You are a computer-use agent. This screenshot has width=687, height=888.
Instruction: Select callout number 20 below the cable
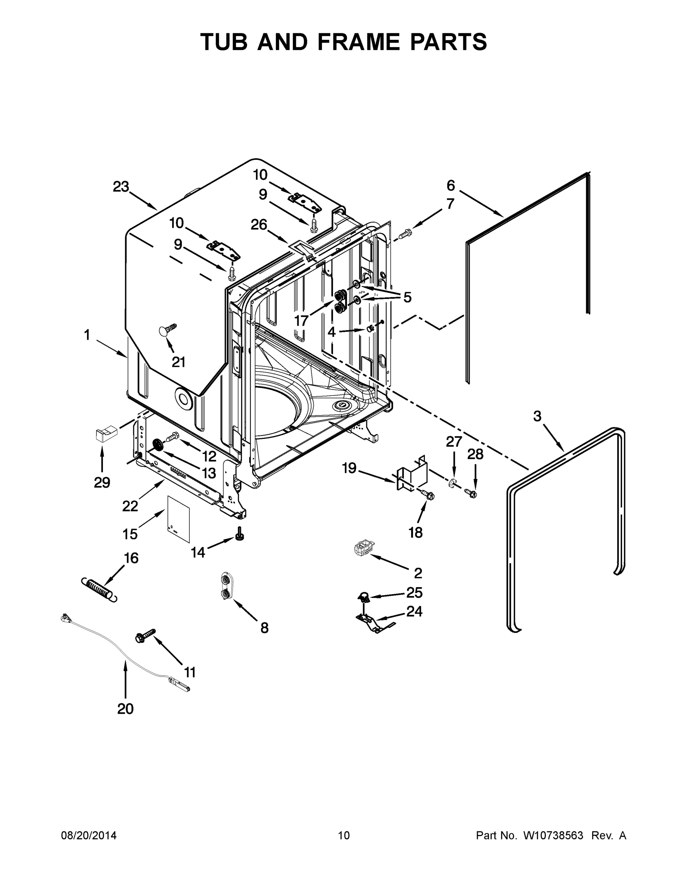pyautogui.click(x=125, y=709)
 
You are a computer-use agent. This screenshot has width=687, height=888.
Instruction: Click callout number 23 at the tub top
pyautogui.click(x=121, y=187)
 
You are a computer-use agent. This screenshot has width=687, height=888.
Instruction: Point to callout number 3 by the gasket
pyautogui.click(x=537, y=416)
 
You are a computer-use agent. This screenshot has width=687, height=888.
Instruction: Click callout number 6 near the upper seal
pyautogui.click(x=451, y=185)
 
